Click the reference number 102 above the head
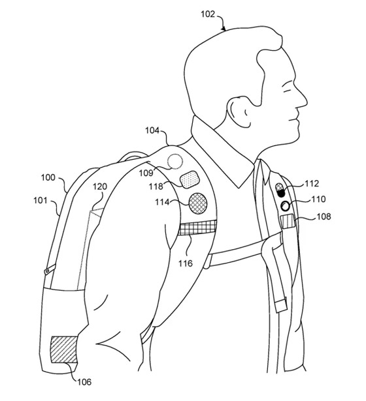(x=207, y=14)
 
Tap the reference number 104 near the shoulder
(x=152, y=130)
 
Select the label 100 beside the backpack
(x=48, y=177)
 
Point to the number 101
(x=41, y=200)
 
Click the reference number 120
(x=100, y=186)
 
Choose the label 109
(x=146, y=173)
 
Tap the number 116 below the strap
(x=186, y=263)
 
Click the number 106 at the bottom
(x=84, y=382)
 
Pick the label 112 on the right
(x=312, y=183)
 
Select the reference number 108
(x=324, y=216)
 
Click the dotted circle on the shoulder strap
(x=175, y=162)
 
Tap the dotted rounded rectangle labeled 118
(x=190, y=179)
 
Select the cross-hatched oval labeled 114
(x=198, y=203)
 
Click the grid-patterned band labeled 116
(x=197, y=228)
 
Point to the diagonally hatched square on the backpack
(x=64, y=349)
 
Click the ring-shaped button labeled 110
(x=285, y=206)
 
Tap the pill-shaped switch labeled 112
(x=280, y=190)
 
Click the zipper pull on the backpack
(x=50, y=269)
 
